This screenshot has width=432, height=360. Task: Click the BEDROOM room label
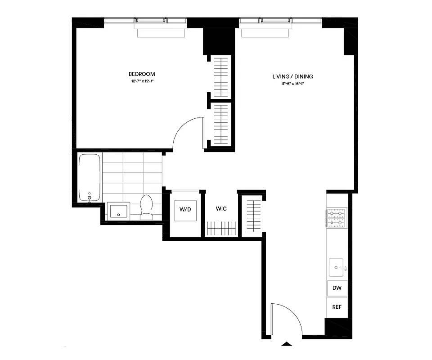point(142,74)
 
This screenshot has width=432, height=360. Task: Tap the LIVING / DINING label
point(292,76)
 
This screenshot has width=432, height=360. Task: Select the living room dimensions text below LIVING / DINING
point(292,84)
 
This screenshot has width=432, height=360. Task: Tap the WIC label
point(221,209)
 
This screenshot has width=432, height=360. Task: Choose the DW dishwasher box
point(337,288)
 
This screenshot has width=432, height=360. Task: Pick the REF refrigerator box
point(337,308)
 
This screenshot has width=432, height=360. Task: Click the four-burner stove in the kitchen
point(336,217)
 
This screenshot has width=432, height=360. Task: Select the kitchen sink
point(337,268)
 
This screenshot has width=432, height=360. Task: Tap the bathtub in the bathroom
point(90,177)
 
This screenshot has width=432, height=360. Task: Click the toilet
point(147,207)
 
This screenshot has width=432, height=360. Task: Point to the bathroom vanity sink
point(118,211)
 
